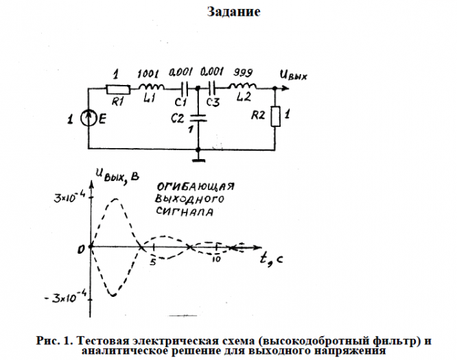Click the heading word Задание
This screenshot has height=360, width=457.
233,12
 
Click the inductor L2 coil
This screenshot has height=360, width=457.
243,88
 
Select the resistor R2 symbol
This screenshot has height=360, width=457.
276,117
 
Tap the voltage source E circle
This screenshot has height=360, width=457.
90,120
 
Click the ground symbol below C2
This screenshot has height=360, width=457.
198,160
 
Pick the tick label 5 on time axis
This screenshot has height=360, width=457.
154,260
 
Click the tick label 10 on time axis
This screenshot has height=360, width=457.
216,260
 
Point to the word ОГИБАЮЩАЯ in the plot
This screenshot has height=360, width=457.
196,187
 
